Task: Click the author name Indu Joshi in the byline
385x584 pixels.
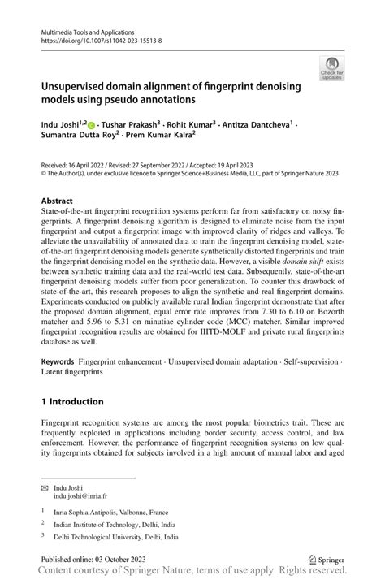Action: click(x=63, y=125)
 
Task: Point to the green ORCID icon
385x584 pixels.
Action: click(x=91, y=126)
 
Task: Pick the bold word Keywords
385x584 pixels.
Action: click(x=58, y=382)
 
